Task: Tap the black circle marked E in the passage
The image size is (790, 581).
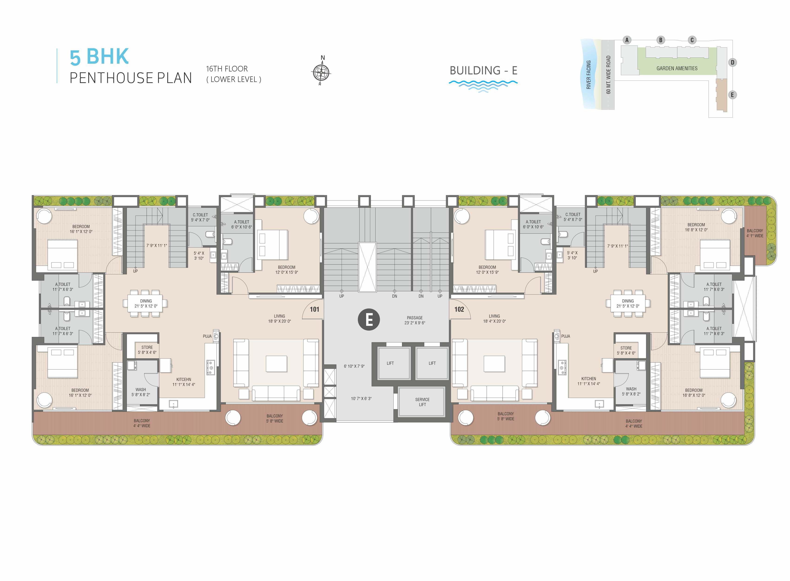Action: [x=369, y=320]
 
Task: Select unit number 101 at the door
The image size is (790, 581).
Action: [x=314, y=309]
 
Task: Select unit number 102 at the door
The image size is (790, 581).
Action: [x=459, y=309]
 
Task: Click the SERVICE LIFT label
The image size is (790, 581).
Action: [x=422, y=402]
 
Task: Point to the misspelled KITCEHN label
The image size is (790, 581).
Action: [x=184, y=380]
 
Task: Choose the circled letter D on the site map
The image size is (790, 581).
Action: [x=732, y=63]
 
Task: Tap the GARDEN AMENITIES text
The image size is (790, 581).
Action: [x=677, y=68]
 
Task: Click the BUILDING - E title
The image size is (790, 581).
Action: [x=484, y=71]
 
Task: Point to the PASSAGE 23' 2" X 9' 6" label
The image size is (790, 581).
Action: [x=415, y=320]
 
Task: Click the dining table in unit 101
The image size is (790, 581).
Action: [x=145, y=304]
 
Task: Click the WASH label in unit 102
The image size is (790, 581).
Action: [x=631, y=389]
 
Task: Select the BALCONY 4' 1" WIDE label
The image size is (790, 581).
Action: [x=755, y=233]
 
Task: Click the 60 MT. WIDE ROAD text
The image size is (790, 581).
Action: [x=608, y=75]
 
